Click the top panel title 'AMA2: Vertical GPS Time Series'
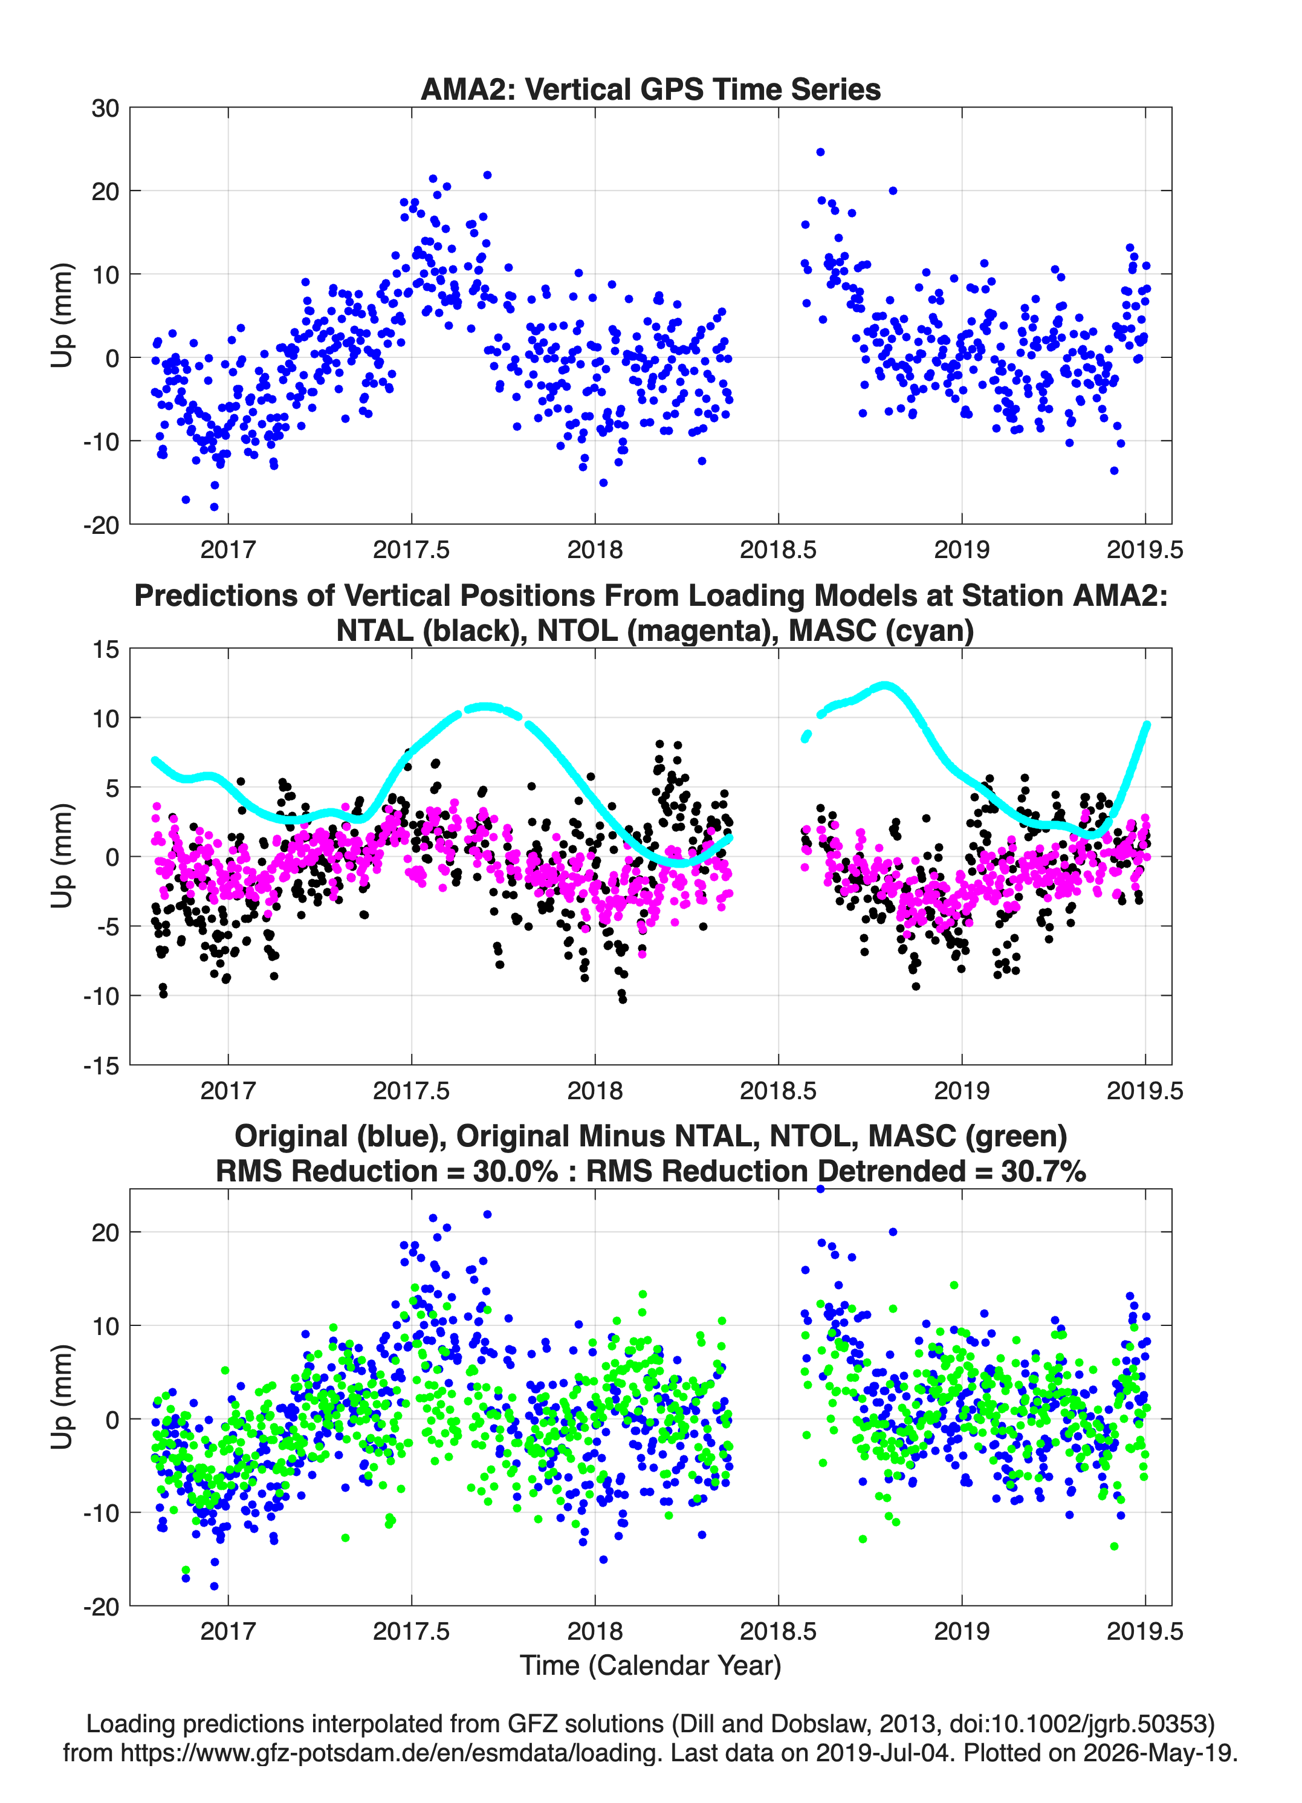click(650, 89)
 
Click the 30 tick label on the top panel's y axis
click(105, 108)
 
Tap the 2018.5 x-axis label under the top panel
click(778, 550)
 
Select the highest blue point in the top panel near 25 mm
click(820, 152)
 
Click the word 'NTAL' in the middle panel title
click(375, 631)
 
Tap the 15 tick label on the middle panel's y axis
click(106, 649)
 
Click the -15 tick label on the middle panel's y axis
click(101, 1065)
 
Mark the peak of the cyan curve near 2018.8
click(884, 685)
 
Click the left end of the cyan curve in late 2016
click(155, 760)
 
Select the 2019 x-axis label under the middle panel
click(962, 1090)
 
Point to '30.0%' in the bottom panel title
click(515, 1171)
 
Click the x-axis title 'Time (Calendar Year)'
click(650, 1665)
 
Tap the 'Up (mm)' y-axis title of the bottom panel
click(62, 1397)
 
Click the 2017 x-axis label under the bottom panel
click(228, 1631)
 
